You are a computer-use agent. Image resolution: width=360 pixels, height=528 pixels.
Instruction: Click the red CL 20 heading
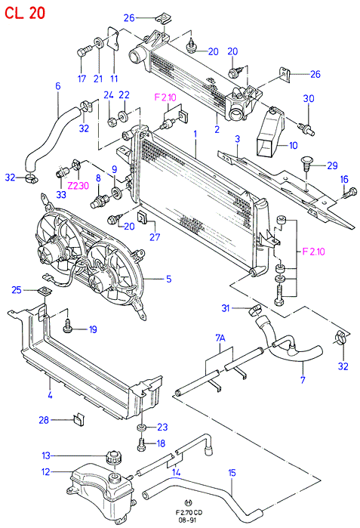click(25, 13)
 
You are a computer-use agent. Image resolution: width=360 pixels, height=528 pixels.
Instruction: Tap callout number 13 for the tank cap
click(46, 455)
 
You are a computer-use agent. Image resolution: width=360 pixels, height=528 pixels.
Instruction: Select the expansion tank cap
click(113, 457)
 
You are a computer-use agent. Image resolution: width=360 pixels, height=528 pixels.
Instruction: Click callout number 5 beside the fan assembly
click(168, 279)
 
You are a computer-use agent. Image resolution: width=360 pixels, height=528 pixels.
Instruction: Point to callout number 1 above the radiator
click(195, 134)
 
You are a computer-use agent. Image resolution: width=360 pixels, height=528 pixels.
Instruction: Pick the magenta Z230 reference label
click(78, 185)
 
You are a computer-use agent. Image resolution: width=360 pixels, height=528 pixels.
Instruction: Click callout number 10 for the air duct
click(294, 145)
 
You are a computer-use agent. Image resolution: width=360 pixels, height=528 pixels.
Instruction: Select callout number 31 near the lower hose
click(226, 307)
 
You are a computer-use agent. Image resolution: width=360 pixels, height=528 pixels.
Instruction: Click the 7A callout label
click(220, 338)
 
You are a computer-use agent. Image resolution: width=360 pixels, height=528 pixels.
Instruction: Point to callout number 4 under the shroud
click(50, 394)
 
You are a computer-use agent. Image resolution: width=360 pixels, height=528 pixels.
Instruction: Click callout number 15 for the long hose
click(232, 473)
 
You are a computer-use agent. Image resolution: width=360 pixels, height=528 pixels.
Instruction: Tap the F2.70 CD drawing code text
click(189, 513)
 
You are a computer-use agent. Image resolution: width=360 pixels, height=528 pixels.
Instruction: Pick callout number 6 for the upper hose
click(58, 86)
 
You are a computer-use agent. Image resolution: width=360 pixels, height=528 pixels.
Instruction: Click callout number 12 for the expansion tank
click(46, 472)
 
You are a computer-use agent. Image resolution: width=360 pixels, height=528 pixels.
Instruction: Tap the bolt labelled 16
click(349, 193)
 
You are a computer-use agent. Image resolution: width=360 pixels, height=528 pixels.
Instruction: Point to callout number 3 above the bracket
click(238, 139)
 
